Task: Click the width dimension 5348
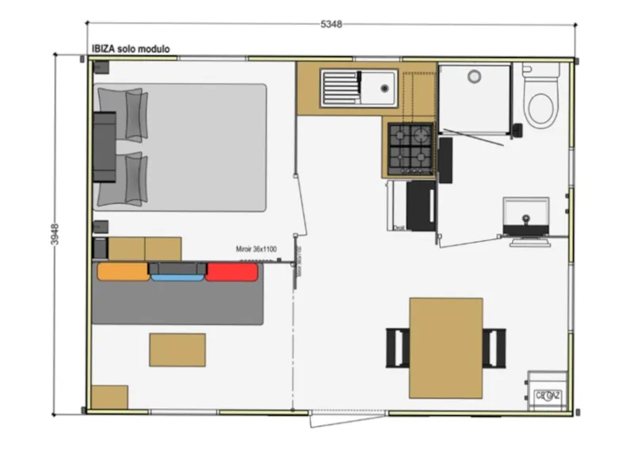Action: tap(331, 25)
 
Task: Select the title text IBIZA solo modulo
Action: tap(131, 49)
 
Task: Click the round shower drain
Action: tap(475, 77)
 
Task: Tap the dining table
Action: tap(445, 347)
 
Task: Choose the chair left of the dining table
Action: tap(397, 347)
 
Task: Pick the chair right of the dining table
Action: tap(495, 347)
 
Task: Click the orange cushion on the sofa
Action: tap(123, 272)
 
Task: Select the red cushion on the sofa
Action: tap(232, 272)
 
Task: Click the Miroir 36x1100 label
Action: tap(256, 249)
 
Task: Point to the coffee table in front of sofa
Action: tap(178, 349)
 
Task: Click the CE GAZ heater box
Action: tap(548, 391)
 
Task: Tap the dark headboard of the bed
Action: tap(105, 147)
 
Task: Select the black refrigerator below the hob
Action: tap(420, 204)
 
